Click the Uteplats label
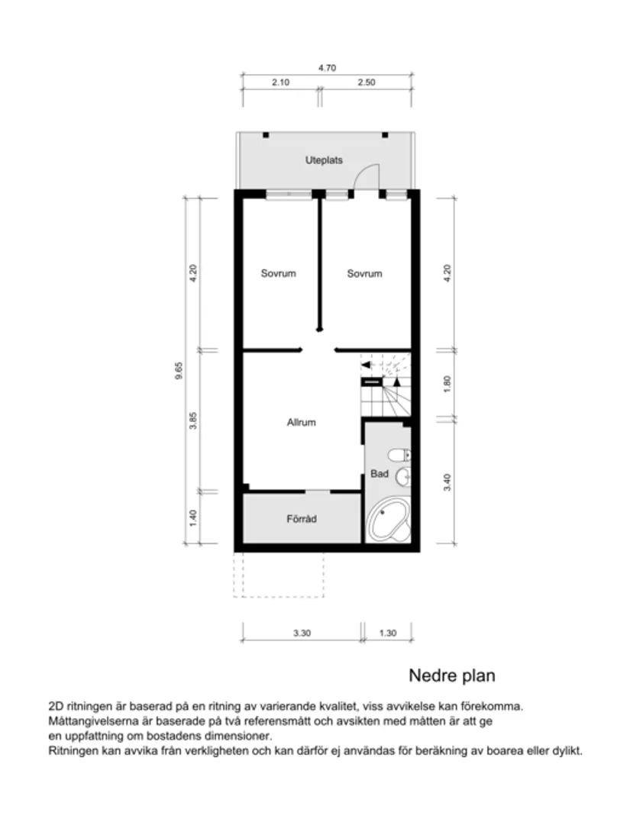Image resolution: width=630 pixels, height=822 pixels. tap(324, 160)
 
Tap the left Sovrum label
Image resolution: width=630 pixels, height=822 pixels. tap(278, 273)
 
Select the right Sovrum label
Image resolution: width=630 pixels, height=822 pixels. tap(364, 273)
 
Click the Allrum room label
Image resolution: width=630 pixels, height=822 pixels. tap(301, 422)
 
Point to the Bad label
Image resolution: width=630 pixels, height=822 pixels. tap(379, 474)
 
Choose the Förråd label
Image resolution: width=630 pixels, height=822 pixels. tap(301, 519)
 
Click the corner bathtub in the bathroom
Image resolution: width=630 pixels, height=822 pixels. tap(388, 522)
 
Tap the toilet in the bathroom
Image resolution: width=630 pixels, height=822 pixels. tap(399, 456)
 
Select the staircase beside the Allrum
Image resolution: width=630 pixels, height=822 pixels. tap(386, 386)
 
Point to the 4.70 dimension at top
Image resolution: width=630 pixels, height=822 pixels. tap(327, 68)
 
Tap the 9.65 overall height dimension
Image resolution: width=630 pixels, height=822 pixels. tap(179, 370)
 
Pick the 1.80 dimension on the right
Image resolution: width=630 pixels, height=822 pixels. tap(447, 383)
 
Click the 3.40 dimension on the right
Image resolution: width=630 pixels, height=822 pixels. tap(447, 482)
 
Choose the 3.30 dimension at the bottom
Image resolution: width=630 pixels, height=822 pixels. tap(301, 632)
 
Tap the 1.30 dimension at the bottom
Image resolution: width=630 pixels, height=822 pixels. tap(388, 632)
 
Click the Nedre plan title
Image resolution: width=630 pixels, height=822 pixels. tap(451, 675)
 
